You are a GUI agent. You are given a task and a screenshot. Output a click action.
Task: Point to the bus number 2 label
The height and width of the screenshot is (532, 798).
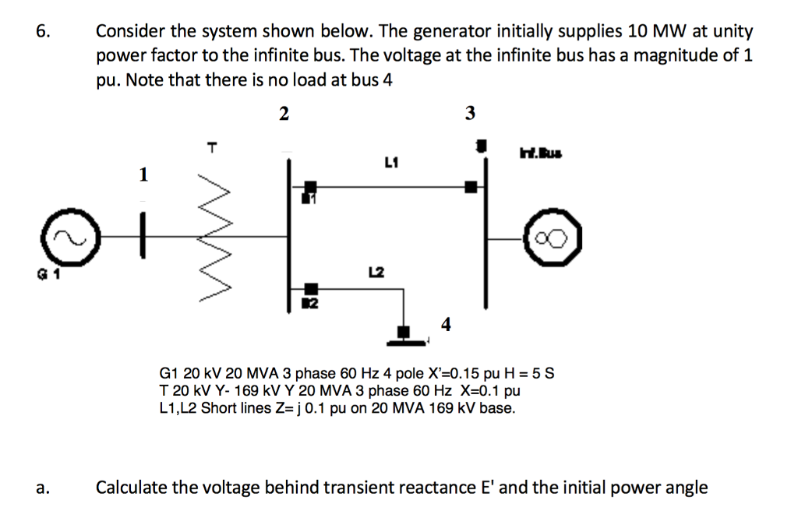(x=284, y=114)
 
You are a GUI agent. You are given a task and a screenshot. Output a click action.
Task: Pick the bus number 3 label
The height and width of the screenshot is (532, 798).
(x=469, y=114)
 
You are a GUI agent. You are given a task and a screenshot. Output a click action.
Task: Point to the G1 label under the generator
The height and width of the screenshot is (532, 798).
(x=37, y=273)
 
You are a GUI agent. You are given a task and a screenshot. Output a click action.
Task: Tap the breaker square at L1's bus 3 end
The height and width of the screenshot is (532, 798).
(x=471, y=187)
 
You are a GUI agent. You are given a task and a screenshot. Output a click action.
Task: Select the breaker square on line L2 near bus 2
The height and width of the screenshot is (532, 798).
(x=311, y=290)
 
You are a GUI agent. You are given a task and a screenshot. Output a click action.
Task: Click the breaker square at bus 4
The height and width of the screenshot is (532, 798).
(x=404, y=333)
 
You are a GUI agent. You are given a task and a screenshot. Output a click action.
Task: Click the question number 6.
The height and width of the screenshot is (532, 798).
(x=42, y=32)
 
